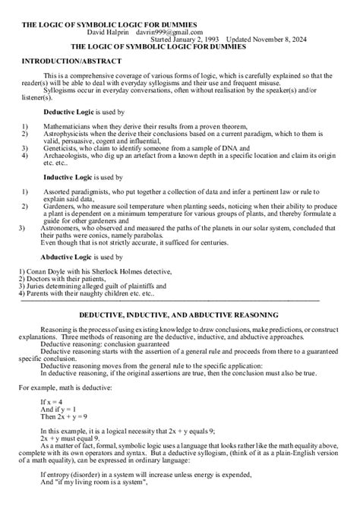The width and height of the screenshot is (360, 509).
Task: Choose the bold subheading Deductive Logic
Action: click(x=68, y=111)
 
